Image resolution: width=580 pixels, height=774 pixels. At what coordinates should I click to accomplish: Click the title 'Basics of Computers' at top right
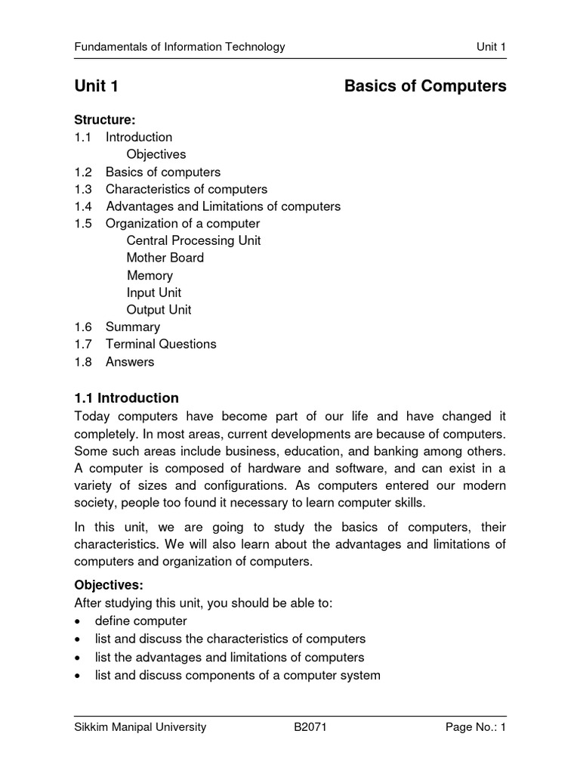(x=425, y=87)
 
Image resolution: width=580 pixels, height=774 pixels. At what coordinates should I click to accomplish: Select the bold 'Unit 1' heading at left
(x=96, y=87)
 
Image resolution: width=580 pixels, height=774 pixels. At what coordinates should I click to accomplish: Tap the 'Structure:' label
(x=104, y=119)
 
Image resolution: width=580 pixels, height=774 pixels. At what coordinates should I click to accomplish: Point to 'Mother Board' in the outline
(x=165, y=258)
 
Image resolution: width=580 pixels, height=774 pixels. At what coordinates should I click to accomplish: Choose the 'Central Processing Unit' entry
(x=193, y=240)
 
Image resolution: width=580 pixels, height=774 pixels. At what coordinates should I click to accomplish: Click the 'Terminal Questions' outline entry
(x=161, y=344)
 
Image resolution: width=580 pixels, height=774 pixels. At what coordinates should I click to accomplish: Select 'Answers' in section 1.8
(x=129, y=361)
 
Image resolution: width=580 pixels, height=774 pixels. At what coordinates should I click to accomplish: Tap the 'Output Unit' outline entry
(x=159, y=310)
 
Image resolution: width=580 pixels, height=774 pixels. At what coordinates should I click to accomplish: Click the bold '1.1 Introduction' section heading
(x=126, y=398)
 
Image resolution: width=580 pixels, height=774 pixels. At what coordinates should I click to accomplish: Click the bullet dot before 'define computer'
(x=78, y=621)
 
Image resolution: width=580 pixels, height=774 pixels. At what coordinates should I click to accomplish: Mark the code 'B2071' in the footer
(x=310, y=728)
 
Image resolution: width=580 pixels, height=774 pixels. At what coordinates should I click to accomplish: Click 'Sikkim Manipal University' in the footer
(x=140, y=728)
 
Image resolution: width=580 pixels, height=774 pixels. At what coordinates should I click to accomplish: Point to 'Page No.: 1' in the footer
(x=475, y=728)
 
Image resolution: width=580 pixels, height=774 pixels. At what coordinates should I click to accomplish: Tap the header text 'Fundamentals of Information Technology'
(x=179, y=47)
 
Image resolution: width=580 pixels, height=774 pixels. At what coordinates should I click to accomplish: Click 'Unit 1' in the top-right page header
(x=491, y=47)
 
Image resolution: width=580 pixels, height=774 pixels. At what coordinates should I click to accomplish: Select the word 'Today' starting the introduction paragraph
(x=91, y=416)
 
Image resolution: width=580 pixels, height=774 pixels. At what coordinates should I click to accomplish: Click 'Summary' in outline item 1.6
(x=132, y=327)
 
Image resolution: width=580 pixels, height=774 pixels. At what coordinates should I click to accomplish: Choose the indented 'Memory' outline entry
(x=150, y=275)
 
